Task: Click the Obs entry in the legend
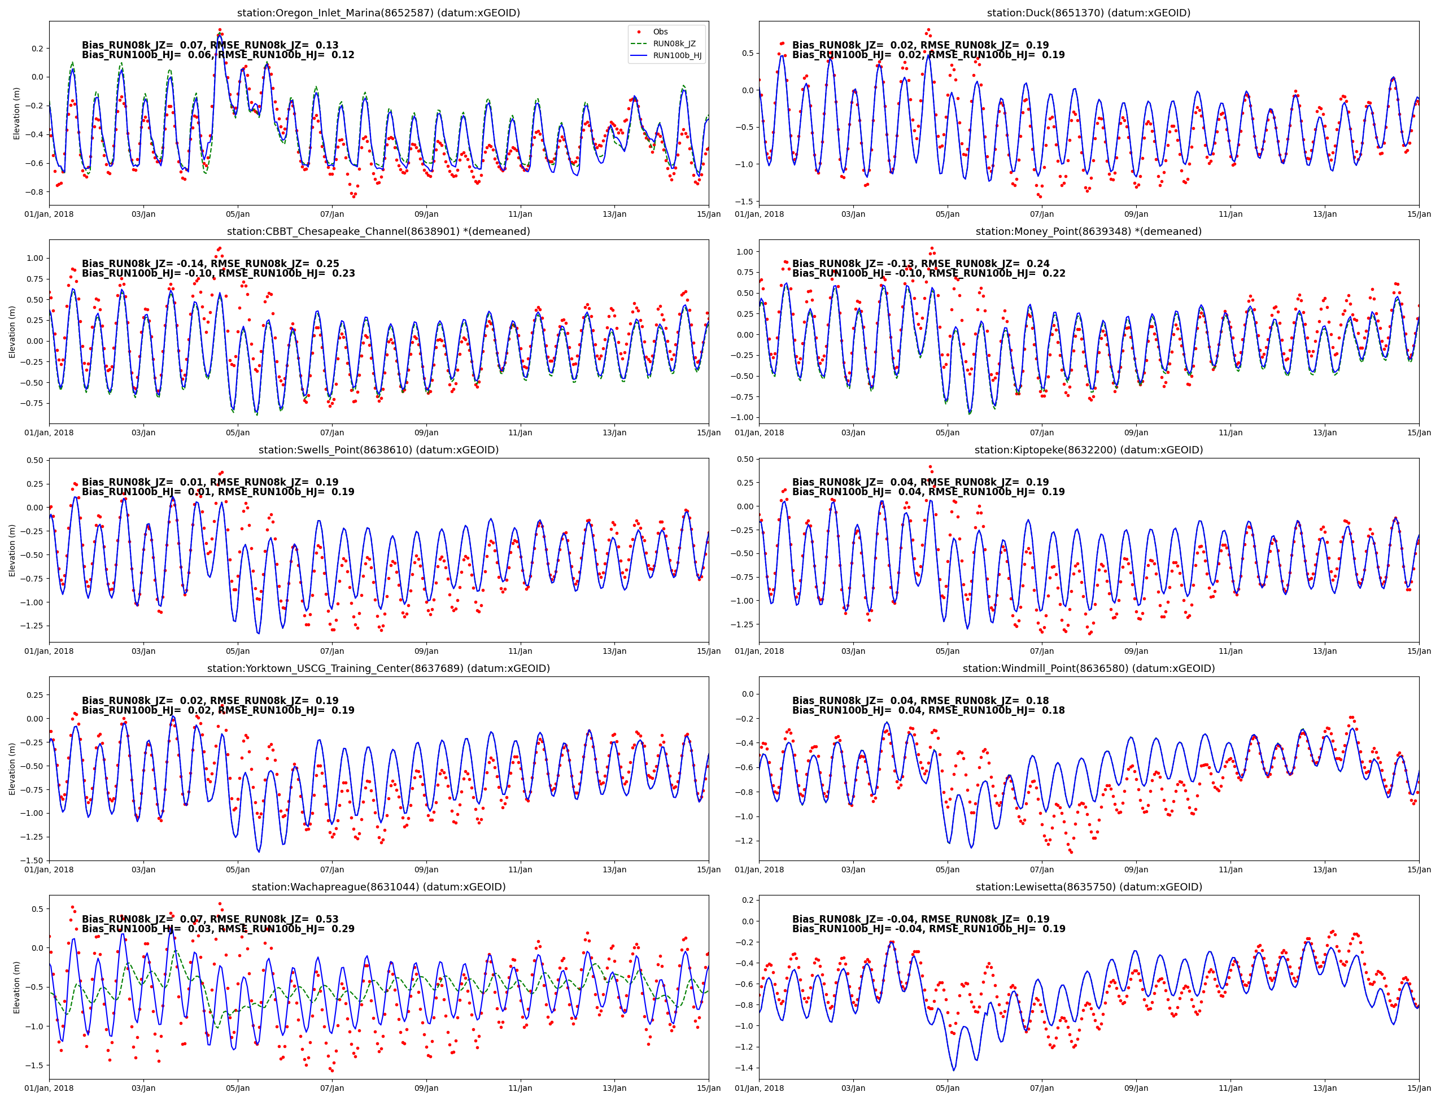(x=660, y=32)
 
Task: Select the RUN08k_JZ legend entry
(x=673, y=44)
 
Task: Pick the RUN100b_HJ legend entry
(x=677, y=56)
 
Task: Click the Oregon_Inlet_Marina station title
(x=378, y=13)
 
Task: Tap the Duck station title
(x=1089, y=13)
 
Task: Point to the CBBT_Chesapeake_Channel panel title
(x=378, y=231)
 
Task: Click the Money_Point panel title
(x=1089, y=231)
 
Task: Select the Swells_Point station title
(x=378, y=450)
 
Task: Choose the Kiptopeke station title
(x=1089, y=450)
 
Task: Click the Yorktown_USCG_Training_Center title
(x=378, y=669)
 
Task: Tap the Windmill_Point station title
(x=1089, y=669)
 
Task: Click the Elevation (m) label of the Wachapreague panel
(x=17, y=987)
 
